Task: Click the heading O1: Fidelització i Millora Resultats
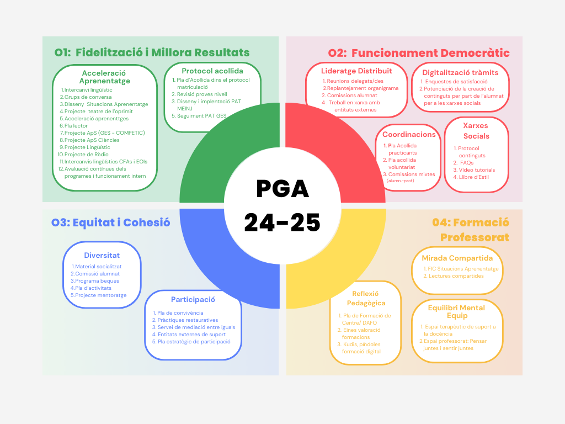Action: [x=152, y=53]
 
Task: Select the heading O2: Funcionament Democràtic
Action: [x=419, y=53]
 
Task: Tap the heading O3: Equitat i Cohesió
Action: [x=110, y=222]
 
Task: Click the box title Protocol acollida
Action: [x=212, y=71]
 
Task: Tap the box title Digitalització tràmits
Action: [x=460, y=72]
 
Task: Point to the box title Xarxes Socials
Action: [x=476, y=130]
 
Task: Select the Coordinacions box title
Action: [x=409, y=134]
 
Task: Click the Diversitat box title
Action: [x=102, y=255]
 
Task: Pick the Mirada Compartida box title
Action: [x=457, y=258]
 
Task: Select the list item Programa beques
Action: [x=97, y=281]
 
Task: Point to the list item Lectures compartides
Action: [x=456, y=276]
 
